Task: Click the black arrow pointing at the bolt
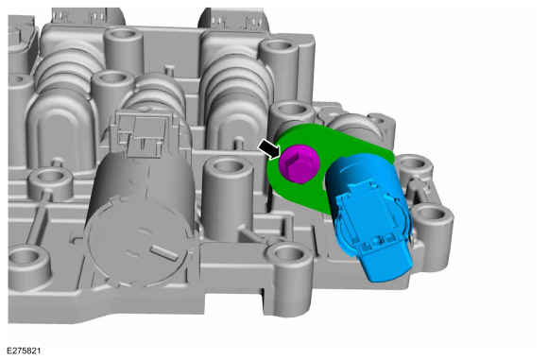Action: coord(269,150)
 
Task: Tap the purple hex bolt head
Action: coord(300,164)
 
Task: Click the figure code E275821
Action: coord(24,351)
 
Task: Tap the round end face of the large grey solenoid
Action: coord(138,241)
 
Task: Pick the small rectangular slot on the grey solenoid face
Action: coord(164,252)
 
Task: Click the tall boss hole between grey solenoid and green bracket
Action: coord(228,165)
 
